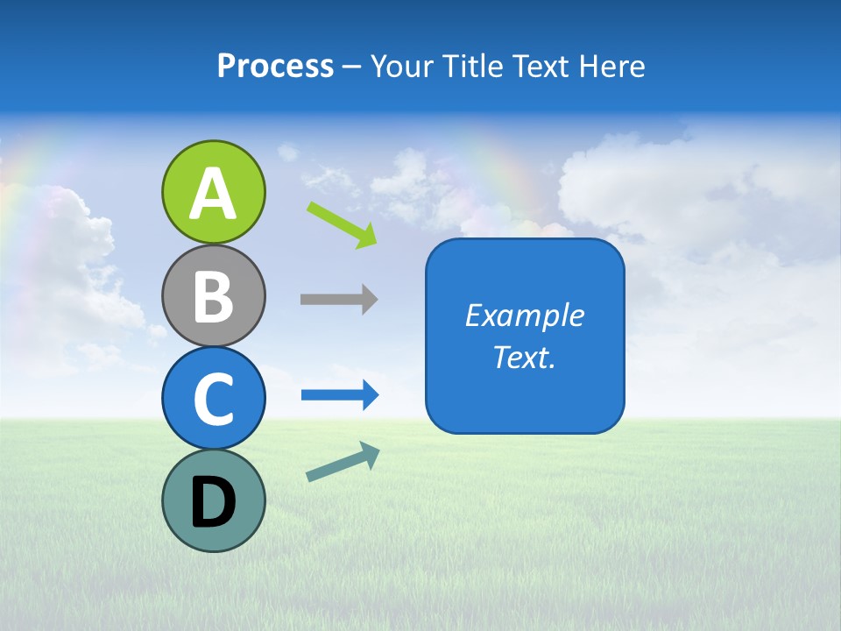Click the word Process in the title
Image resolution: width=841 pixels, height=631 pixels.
pyautogui.click(x=275, y=67)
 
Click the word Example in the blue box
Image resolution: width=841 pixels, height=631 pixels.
pyautogui.click(x=524, y=315)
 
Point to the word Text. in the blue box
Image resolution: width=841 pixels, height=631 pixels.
pyautogui.click(x=524, y=357)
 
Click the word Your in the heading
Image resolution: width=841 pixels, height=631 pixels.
pyautogui.click(x=400, y=67)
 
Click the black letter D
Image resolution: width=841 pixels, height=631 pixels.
pyautogui.click(x=213, y=504)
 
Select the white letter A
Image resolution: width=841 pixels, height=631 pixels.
pyautogui.click(x=213, y=195)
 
